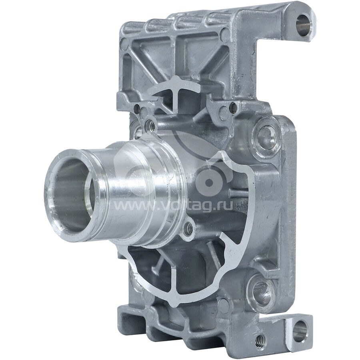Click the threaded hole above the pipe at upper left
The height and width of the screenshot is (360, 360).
(150, 125)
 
